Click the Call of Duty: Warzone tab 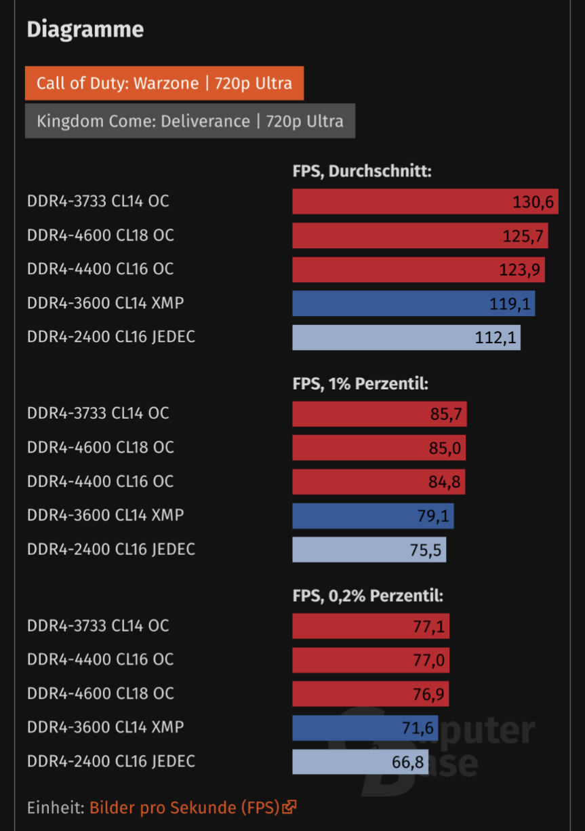click(x=164, y=83)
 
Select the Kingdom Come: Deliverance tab click(x=190, y=121)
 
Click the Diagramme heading click(x=85, y=30)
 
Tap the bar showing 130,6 click(x=425, y=201)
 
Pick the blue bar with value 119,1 click(x=413, y=303)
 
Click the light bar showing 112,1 click(x=406, y=337)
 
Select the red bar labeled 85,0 click(x=378, y=448)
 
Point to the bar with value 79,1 click(x=373, y=516)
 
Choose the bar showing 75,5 click(x=369, y=549)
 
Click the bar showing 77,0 click(x=370, y=659)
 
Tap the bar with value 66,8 click(x=360, y=761)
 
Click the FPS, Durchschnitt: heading click(x=362, y=172)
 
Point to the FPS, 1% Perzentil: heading click(x=360, y=384)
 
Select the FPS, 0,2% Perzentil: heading click(x=367, y=596)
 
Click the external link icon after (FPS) click(x=290, y=807)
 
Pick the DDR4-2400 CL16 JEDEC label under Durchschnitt click(x=111, y=337)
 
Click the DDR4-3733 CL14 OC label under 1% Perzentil click(x=98, y=414)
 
